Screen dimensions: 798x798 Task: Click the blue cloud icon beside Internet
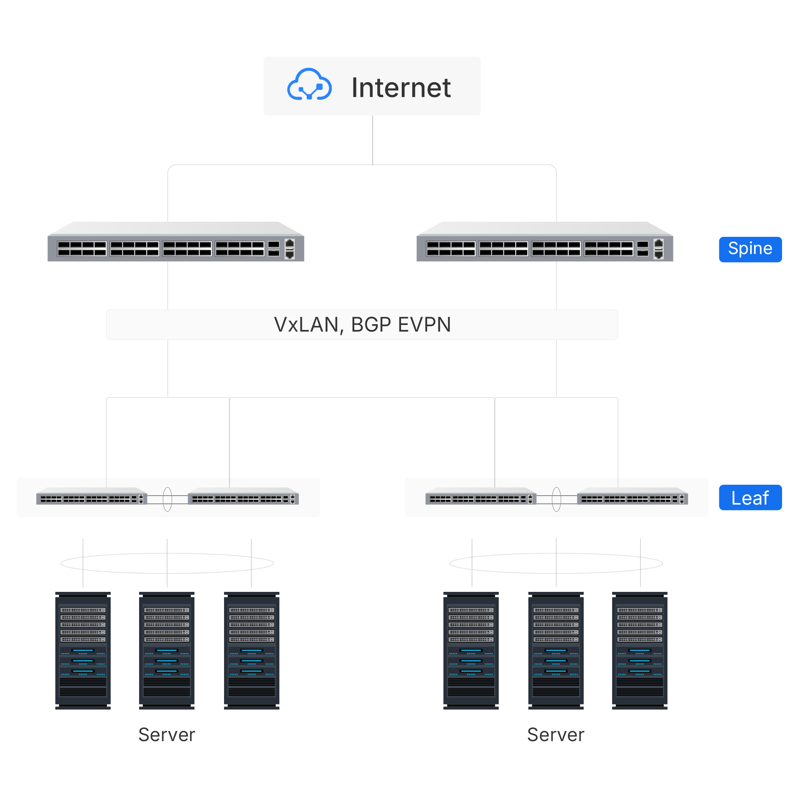[309, 85]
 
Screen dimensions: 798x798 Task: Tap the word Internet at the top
[401, 88]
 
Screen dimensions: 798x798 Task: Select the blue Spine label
[750, 249]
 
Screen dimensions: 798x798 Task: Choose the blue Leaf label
[750, 497]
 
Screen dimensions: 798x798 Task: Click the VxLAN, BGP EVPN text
[362, 325]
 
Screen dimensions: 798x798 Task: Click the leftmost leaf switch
[91, 497]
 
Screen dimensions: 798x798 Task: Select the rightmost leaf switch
[632, 497]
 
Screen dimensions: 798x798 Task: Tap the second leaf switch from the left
[243, 497]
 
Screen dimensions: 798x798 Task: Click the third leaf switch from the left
[480, 497]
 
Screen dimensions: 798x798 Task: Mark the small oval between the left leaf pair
[167, 499]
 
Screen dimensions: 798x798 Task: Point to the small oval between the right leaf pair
[556, 499]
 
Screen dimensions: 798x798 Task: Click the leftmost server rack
[83, 651]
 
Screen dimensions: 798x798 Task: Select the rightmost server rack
[639, 651]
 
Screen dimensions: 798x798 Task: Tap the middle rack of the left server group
[167, 651]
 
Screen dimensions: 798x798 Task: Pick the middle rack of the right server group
[556, 651]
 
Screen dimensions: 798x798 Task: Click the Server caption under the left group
[166, 735]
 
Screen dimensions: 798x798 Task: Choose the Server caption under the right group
[556, 735]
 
